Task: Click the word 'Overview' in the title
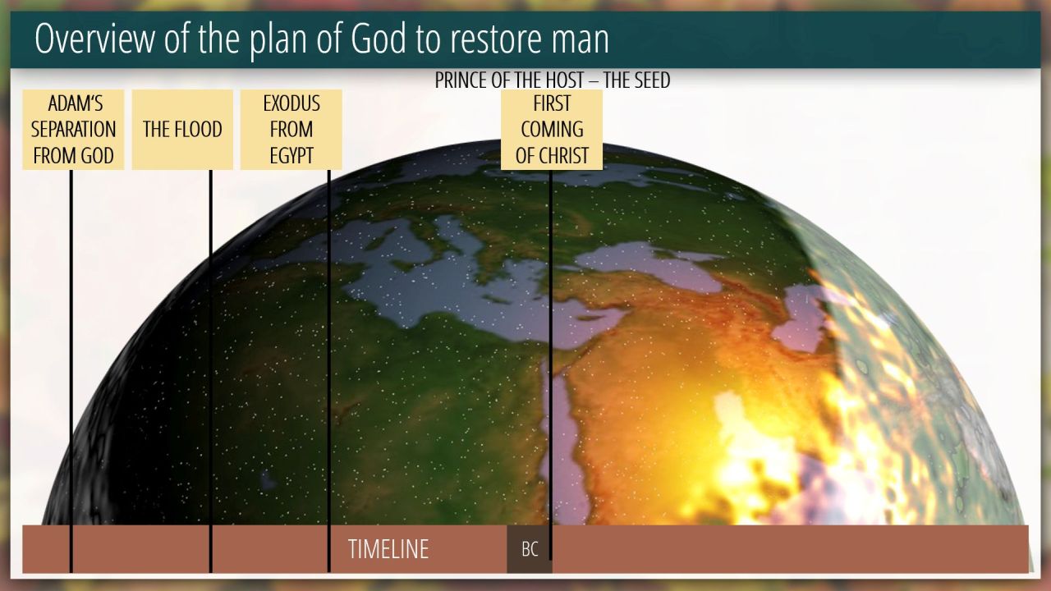(x=94, y=39)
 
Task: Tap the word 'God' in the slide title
(x=379, y=39)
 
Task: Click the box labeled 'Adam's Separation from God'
(x=73, y=130)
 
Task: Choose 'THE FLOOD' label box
(x=182, y=130)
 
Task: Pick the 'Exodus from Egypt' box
(x=291, y=130)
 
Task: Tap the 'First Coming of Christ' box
(x=552, y=130)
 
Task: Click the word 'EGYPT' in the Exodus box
(x=291, y=156)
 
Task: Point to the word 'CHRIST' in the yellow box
(x=565, y=156)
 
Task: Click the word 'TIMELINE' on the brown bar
(x=388, y=549)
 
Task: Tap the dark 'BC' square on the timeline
(x=530, y=549)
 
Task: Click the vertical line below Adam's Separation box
(x=71, y=371)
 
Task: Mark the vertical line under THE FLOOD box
(x=211, y=371)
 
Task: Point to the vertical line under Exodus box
(x=329, y=371)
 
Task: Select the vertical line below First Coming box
(x=550, y=365)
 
